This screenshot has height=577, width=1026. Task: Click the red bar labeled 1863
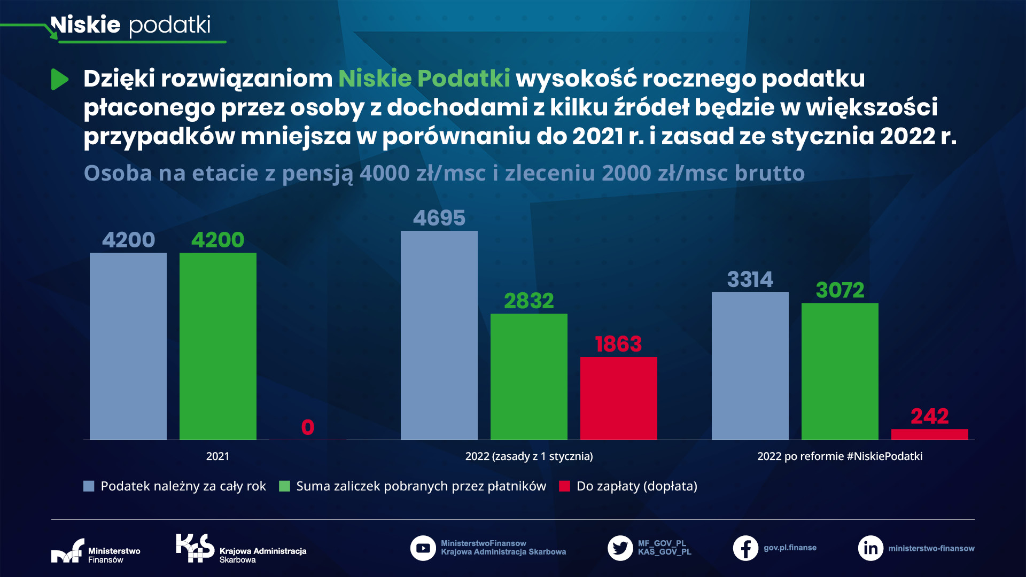tap(618, 398)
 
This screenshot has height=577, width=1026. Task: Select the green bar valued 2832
tap(528, 377)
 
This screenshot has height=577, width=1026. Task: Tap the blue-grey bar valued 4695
tap(439, 336)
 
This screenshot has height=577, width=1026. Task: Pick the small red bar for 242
tap(929, 434)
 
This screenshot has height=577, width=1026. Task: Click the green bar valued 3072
tap(840, 371)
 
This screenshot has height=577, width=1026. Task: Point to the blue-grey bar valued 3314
tap(750, 366)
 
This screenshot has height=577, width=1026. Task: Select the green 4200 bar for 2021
tap(217, 346)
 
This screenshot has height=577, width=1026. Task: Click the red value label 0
tap(307, 427)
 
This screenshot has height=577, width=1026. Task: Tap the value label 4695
tap(439, 218)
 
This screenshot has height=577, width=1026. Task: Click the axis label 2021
tap(217, 456)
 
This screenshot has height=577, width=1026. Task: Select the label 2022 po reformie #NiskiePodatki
tap(840, 456)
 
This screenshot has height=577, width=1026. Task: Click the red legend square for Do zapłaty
tap(564, 486)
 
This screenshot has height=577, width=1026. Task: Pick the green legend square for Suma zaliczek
tap(284, 486)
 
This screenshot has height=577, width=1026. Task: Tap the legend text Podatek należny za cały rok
tap(183, 486)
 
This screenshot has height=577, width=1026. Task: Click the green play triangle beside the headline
tap(59, 80)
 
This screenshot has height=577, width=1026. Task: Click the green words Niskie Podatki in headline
tap(424, 79)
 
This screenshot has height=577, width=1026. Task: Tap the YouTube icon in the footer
tap(423, 548)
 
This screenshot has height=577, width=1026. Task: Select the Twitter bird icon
tap(620, 548)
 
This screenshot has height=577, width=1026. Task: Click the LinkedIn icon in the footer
tap(870, 548)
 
